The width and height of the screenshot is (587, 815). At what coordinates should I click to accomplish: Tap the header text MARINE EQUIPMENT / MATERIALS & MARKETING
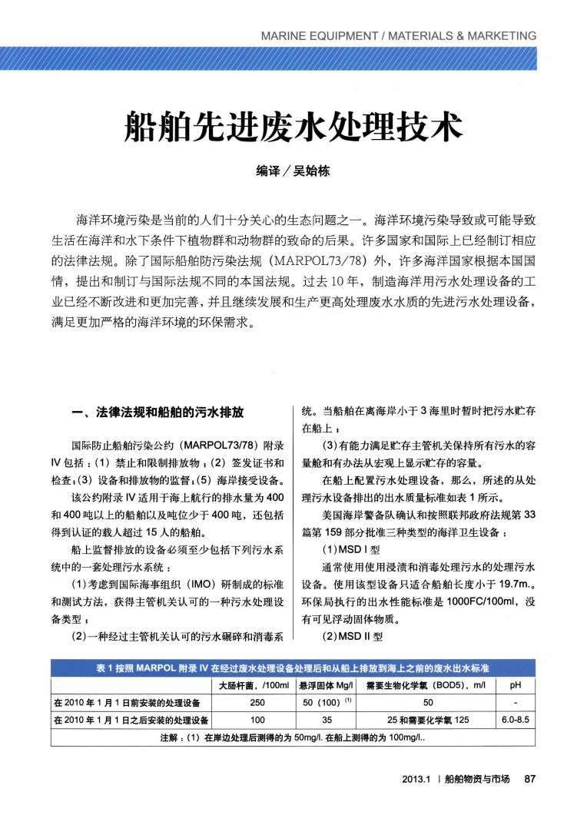[399, 35]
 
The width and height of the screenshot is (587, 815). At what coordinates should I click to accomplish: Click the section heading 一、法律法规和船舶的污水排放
[158, 413]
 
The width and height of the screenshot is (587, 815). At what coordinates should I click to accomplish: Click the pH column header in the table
[516, 685]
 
